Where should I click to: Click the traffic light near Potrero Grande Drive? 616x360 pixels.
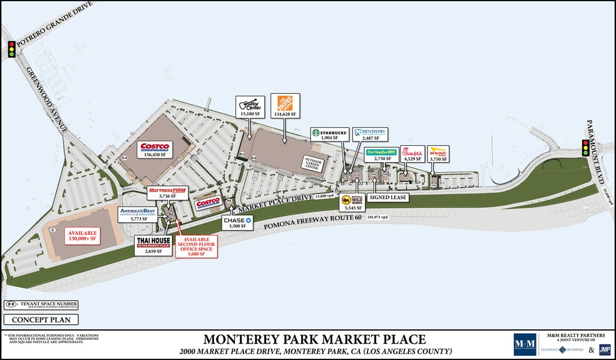point(11,49)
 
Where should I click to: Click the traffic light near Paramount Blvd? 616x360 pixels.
point(586,148)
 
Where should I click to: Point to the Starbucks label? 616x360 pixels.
point(330,133)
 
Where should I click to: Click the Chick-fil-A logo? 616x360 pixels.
point(413,152)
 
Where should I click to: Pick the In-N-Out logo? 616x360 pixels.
point(438,152)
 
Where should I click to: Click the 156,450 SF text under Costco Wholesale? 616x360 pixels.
point(154,154)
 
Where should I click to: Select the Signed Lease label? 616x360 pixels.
point(388,197)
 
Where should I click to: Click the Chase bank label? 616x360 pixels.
point(237,220)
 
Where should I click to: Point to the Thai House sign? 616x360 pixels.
point(153,242)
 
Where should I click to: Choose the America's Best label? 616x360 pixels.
point(137,212)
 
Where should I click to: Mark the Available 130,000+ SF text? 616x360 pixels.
point(82,236)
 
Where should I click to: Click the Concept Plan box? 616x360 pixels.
point(41,320)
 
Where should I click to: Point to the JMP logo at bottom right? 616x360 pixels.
point(605,349)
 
